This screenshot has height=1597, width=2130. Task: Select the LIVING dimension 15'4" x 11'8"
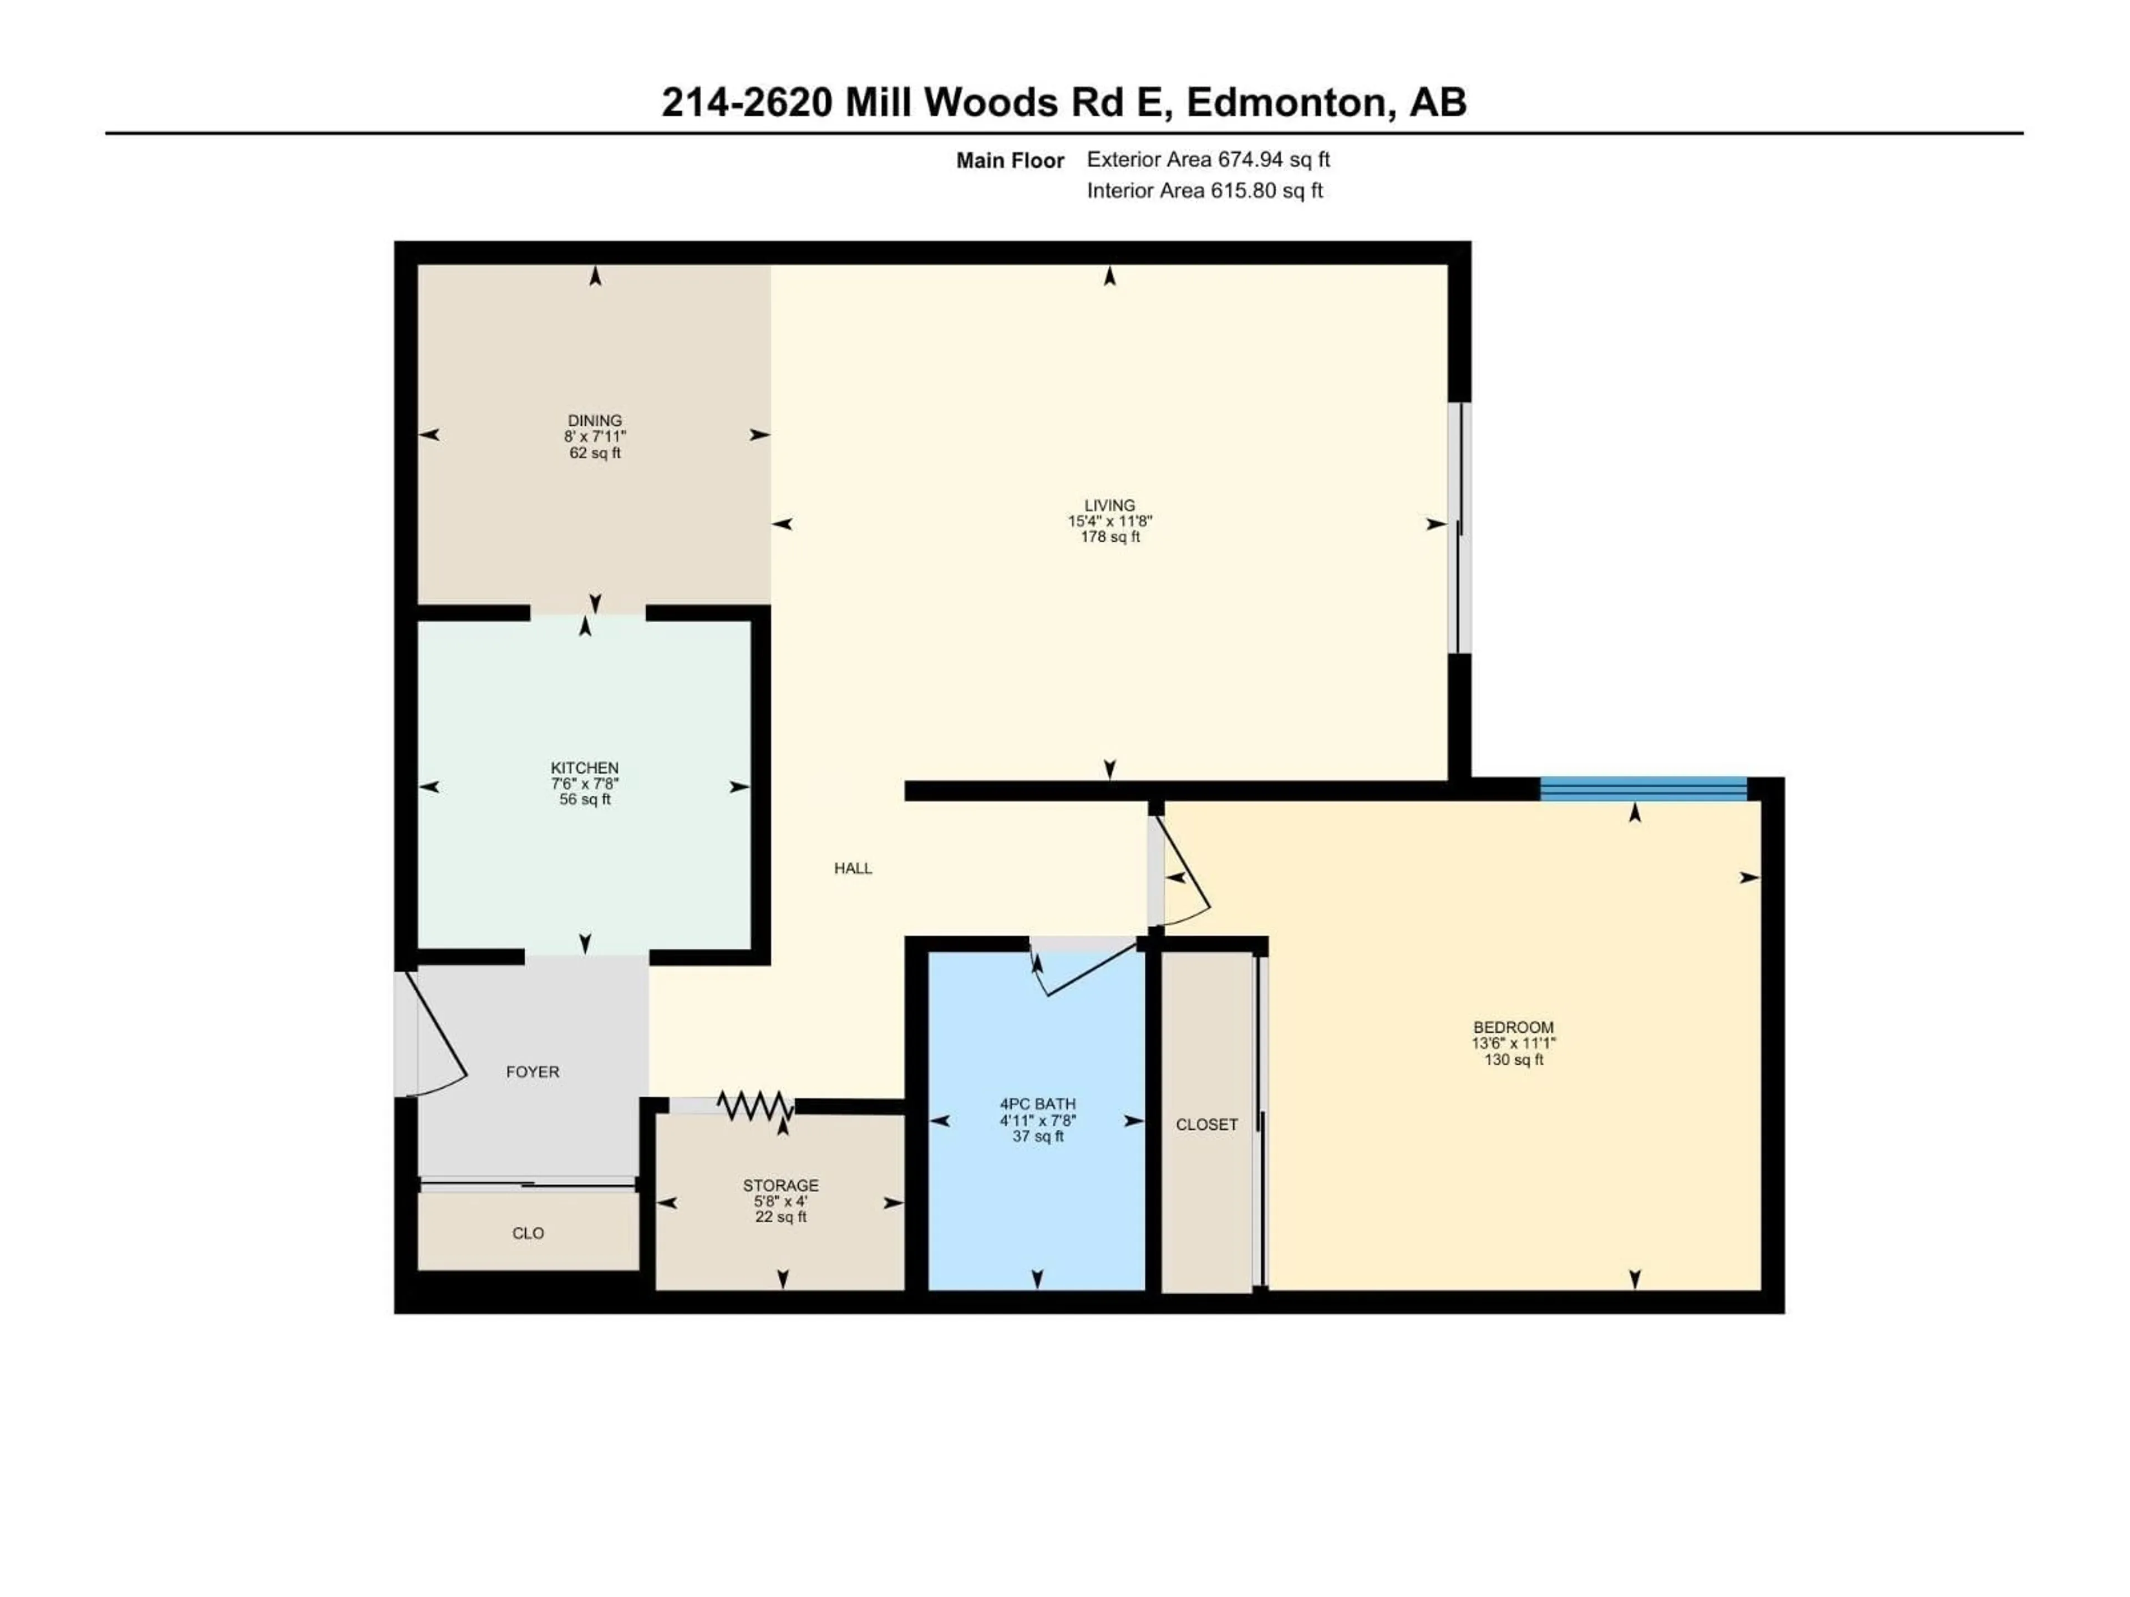1109,521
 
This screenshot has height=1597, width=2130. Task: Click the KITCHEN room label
585,767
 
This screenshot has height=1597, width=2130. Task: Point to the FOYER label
532,1071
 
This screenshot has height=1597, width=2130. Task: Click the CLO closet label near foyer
528,1233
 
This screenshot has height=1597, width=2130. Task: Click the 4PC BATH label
1037,1104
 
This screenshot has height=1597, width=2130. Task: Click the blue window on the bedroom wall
1643,790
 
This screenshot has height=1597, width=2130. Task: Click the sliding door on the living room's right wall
1460,527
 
